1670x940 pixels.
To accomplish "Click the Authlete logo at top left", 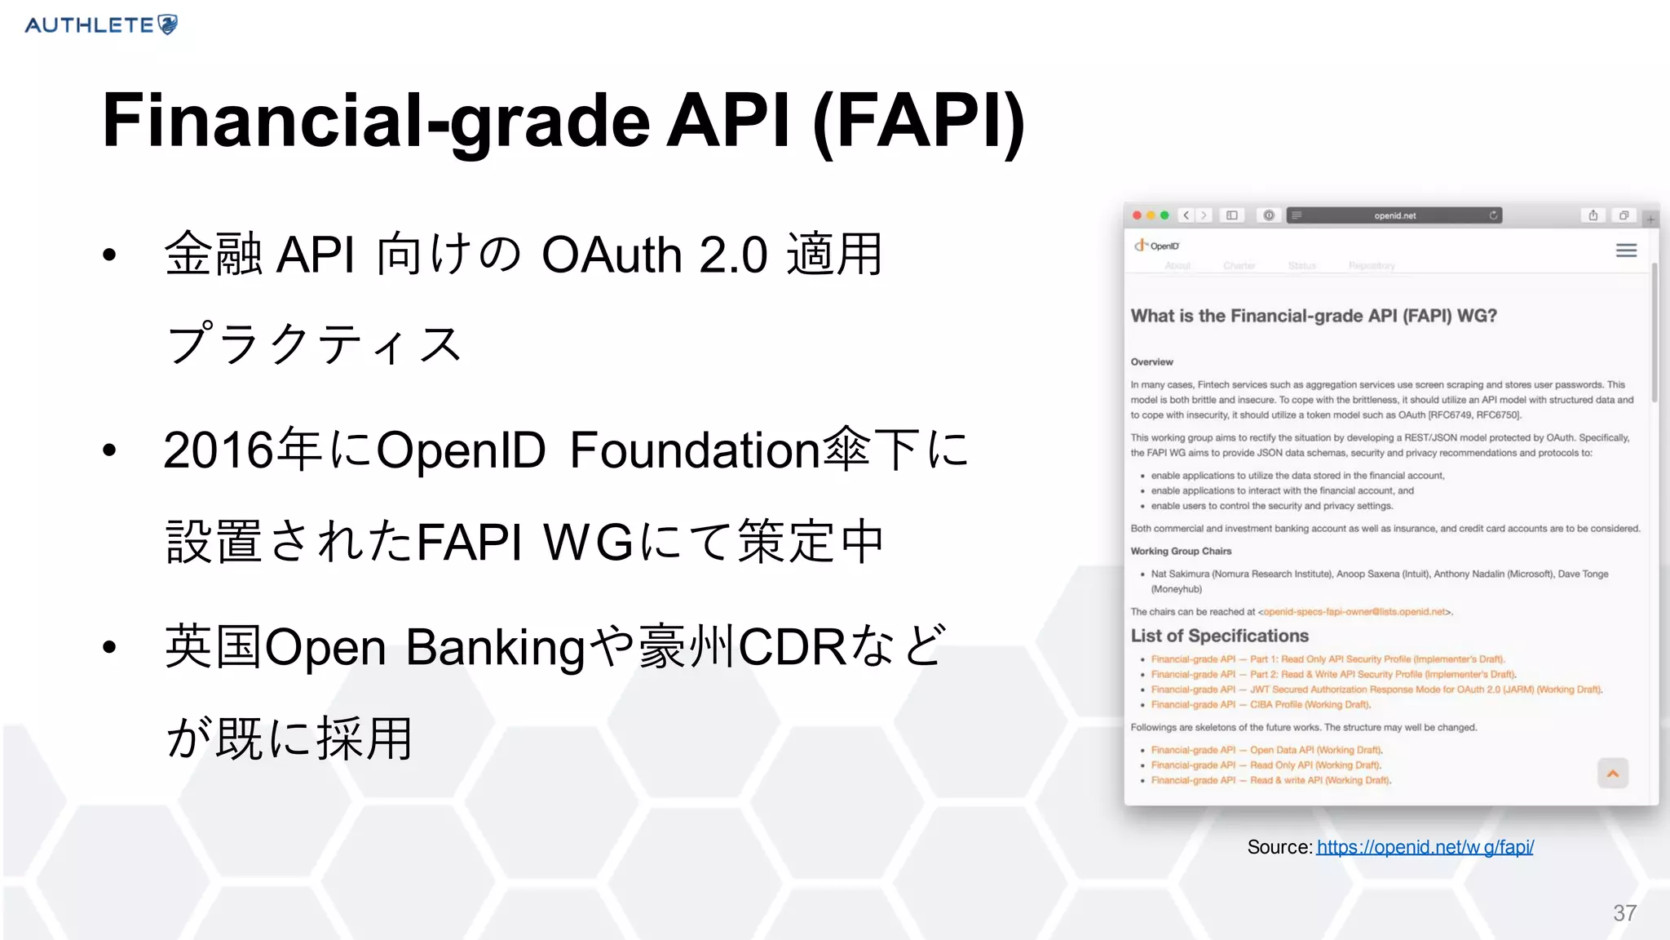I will [x=101, y=25].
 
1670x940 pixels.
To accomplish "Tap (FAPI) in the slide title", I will [x=918, y=121].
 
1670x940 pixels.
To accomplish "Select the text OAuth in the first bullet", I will [x=612, y=255].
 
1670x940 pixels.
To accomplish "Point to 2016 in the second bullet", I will [x=218, y=450].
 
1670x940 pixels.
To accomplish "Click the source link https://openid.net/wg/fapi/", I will [x=1425, y=847].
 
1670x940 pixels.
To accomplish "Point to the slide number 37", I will [x=1624, y=913].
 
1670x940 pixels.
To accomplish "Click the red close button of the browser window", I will [x=1137, y=215].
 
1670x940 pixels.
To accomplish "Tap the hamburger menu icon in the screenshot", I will [x=1626, y=251].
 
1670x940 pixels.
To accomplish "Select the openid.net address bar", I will [x=1394, y=215].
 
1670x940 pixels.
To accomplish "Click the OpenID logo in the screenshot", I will [x=1156, y=246].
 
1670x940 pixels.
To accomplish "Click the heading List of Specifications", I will [x=1219, y=636].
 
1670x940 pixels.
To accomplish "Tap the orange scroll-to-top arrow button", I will [x=1612, y=774].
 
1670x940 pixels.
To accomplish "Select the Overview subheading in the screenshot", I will [x=1151, y=362].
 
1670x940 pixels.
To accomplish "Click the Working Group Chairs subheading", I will [x=1180, y=552].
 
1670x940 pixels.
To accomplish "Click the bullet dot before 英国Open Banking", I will [x=110, y=648].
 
